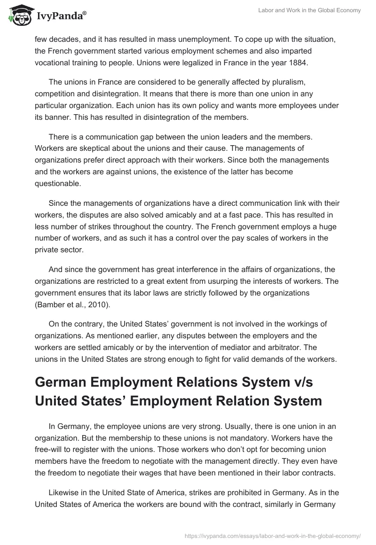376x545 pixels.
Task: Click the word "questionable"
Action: tap(58, 184)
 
